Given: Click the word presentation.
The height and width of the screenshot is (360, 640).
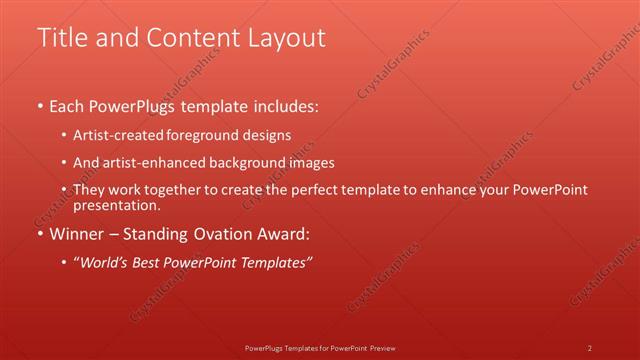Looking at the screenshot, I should click(117, 205).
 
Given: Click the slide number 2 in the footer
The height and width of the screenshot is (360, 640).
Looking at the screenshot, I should click(590, 347).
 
